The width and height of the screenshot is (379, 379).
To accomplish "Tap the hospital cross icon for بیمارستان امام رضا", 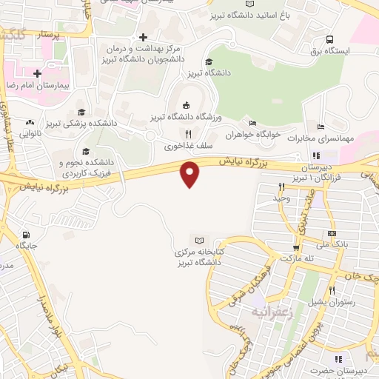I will pos(36,73).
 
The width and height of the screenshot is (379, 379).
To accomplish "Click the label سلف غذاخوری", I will pos(184,146).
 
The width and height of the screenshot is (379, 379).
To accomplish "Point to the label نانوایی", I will pos(30,134).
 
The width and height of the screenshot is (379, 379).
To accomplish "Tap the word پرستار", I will pos(68,35).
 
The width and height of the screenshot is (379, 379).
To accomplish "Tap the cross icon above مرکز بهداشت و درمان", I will pos(143,36).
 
